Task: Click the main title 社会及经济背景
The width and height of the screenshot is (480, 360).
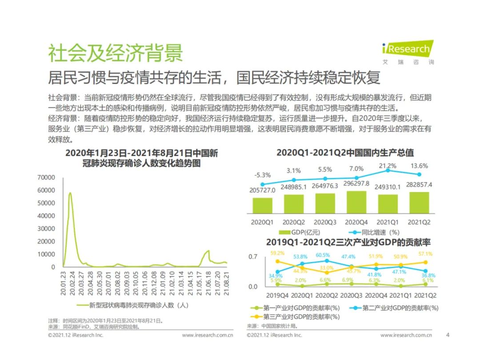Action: [x=115, y=54]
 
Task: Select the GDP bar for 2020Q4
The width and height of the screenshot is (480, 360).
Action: [x=356, y=203]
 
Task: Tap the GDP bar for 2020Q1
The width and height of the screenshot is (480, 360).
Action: [x=262, y=205]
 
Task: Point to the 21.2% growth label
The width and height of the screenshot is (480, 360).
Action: [x=388, y=165]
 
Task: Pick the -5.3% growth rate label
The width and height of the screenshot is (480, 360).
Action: [x=262, y=175]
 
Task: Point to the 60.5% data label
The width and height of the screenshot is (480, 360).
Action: [x=323, y=255]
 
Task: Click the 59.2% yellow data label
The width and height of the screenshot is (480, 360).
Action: [x=277, y=253]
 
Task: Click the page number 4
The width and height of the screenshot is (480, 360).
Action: [x=448, y=335]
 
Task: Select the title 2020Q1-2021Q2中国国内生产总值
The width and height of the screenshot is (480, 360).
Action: [x=345, y=153]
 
